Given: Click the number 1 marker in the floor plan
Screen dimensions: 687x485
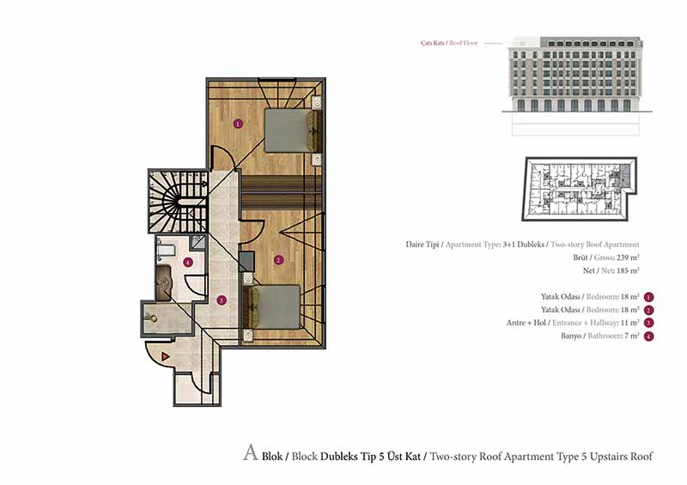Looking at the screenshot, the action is (x=238, y=124).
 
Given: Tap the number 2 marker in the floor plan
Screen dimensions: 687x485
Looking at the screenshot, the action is (x=278, y=260).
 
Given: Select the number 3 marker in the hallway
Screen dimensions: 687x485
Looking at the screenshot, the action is (x=222, y=300).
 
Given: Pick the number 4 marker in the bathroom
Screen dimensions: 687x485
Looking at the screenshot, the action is (x=188, y=263).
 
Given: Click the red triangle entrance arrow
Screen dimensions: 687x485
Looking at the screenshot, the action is (x=165, y=356).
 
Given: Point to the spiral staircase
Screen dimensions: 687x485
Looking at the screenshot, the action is (x=178, y=201).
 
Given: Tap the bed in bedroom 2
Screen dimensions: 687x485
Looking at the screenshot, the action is (x=271, y=306).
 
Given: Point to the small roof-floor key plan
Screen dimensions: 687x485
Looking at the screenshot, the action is (x=579, y=188).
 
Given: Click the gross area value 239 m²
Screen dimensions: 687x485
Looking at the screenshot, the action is (x=628, y=258).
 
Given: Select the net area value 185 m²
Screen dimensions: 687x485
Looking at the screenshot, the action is (x=628, y=270).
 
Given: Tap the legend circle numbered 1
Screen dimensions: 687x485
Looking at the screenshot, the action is (x=649, y=297).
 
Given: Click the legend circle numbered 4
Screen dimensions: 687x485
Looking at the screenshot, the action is (x=649, y=336).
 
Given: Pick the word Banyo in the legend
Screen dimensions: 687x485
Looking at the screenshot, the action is (x=570, y=336).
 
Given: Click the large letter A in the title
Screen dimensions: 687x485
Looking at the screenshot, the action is (x=251, y=453).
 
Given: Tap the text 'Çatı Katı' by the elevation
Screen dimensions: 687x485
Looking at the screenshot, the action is (x=432, y=43).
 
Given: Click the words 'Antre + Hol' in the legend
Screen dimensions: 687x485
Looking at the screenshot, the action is (x=526, y=323).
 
